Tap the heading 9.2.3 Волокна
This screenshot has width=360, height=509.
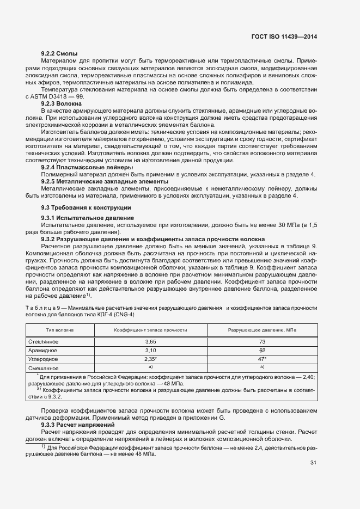tap(62, 103)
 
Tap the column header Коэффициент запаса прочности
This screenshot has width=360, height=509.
tap(150, 330)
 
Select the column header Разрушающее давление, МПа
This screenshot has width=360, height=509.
tap(262, 330)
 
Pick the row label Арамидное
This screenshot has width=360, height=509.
tap(42, 351)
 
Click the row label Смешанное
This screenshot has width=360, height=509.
tap(43, 369)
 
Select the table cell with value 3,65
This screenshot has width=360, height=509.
tap(150, 342)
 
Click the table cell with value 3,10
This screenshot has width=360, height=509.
tap(150, 351)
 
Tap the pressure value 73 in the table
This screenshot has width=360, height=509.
tap(262, 342)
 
